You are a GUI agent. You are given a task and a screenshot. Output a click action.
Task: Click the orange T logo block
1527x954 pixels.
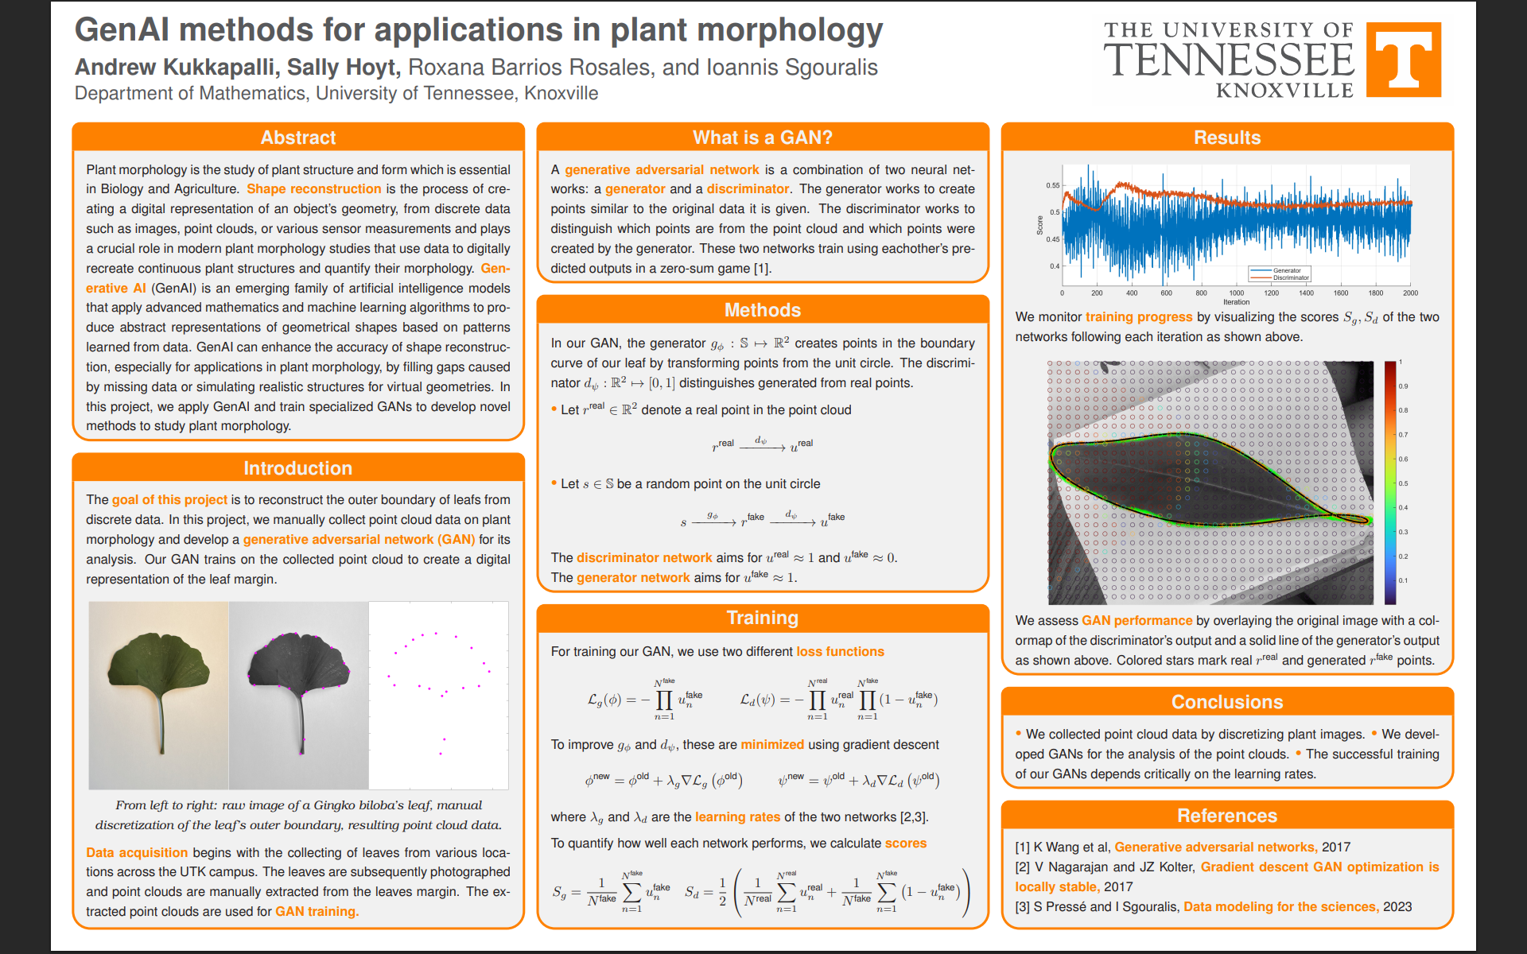[1403, 60]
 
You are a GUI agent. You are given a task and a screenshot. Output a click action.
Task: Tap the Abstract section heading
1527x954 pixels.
[298, 138]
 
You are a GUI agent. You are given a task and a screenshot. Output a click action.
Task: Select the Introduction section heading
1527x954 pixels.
[297, 468]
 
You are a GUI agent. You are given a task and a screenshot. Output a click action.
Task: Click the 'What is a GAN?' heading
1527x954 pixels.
[762, 138]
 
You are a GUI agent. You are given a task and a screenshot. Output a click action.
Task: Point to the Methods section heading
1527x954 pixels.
[762, 310]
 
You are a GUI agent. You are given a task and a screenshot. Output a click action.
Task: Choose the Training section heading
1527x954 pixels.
[762, 618]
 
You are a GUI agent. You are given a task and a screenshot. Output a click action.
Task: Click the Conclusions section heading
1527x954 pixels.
[1226, 702]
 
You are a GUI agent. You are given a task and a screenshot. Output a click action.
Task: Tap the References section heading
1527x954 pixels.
[1226, 816]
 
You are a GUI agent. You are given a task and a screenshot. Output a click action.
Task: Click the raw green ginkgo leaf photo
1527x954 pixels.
[159, 695]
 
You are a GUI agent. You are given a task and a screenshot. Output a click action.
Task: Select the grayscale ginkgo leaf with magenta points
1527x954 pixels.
[299, 695]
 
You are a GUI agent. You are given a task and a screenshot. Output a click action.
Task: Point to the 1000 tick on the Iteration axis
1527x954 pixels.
[1237, 293]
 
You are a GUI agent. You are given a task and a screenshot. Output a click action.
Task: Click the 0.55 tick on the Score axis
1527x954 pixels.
[1053, 186]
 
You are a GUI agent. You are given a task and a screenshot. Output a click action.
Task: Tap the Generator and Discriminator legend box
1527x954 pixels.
[1279, 274]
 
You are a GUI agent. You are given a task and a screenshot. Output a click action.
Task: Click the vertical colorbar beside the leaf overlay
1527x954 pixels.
[1390, 483]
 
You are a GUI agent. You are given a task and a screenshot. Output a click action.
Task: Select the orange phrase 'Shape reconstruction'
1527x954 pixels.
[313, 189]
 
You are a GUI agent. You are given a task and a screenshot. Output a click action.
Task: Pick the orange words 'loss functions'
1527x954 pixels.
[840, 652]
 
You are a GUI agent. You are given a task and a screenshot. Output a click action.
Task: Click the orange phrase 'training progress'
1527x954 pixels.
[1139, 317]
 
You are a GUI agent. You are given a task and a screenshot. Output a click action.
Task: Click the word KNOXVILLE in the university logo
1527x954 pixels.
[1284, 91]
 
